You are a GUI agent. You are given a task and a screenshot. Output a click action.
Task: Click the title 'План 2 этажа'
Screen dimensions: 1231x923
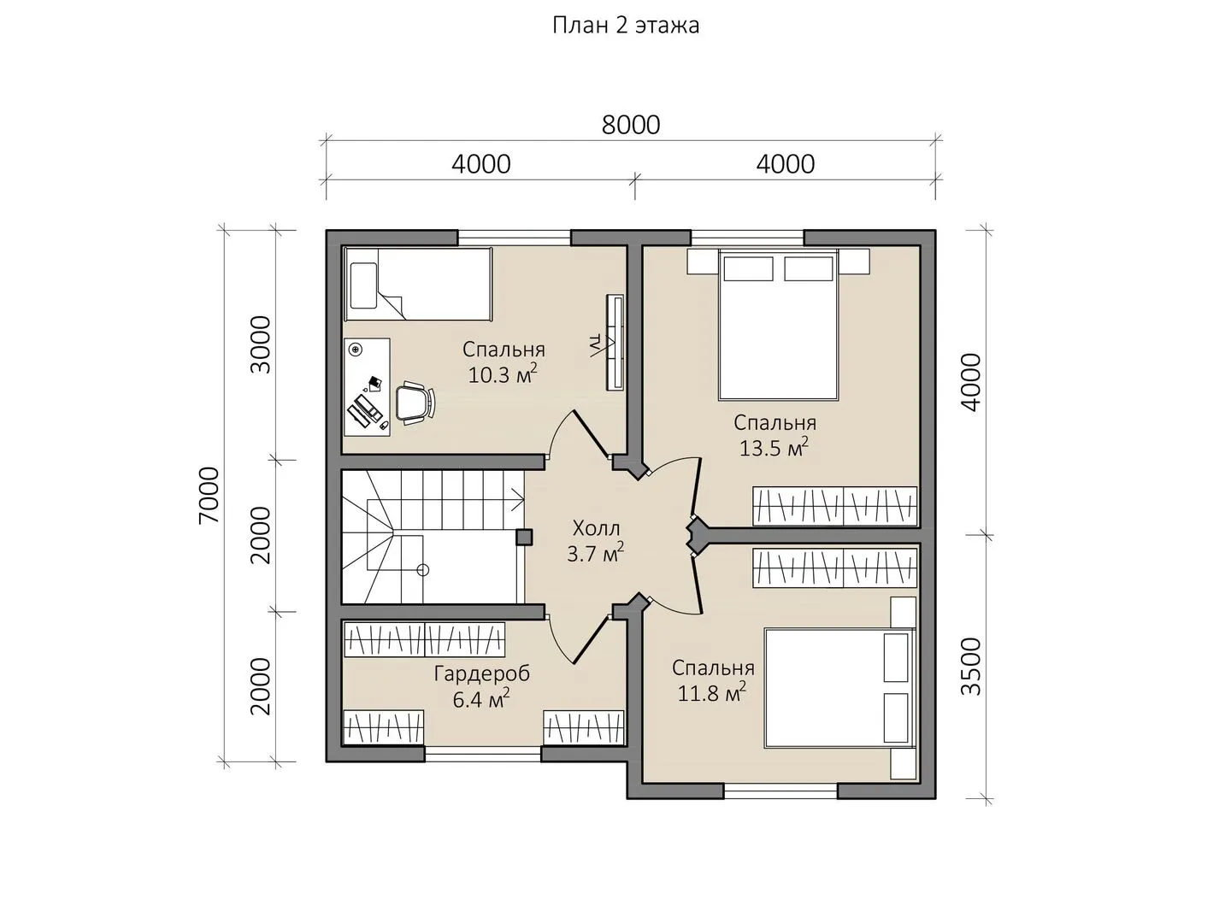coord(626,26)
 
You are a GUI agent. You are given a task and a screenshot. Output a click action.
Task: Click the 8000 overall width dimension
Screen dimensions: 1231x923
coord(631,125)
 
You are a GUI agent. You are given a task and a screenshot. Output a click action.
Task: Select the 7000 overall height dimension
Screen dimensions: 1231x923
coord(209,496)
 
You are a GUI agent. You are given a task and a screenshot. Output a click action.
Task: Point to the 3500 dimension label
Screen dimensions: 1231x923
coord(971,667)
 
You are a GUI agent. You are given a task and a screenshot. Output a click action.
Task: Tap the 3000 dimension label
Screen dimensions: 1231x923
coord(261,344)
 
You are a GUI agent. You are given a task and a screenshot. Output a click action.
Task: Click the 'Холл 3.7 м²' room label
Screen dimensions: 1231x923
coord(596,541)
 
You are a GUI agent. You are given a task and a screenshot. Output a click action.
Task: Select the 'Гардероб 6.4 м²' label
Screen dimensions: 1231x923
coord(482,686)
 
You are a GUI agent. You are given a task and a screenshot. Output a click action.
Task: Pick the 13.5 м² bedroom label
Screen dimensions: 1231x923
coord(775,436)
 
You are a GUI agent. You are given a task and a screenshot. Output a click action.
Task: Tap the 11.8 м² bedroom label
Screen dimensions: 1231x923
coord(713,680)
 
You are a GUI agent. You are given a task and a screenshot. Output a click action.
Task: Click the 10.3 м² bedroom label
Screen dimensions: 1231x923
coord(504,362)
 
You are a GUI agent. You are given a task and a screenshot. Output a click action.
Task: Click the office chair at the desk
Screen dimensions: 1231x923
coord(415,401)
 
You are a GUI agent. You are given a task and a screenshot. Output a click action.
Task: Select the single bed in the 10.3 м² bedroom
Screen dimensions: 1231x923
coord(418,285)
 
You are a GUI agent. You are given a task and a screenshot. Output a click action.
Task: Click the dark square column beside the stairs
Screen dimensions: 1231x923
coord(524,537)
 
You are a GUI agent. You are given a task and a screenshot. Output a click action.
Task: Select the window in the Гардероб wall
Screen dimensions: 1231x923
coord(483,755)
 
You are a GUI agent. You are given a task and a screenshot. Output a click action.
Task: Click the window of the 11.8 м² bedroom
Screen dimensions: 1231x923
coord(780,791)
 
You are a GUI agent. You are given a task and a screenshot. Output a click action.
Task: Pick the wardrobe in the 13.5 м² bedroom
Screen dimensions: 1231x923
coord(834,506)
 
